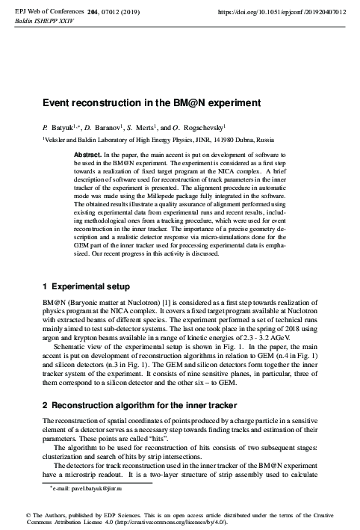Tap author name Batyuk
(x=63, y=127)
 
